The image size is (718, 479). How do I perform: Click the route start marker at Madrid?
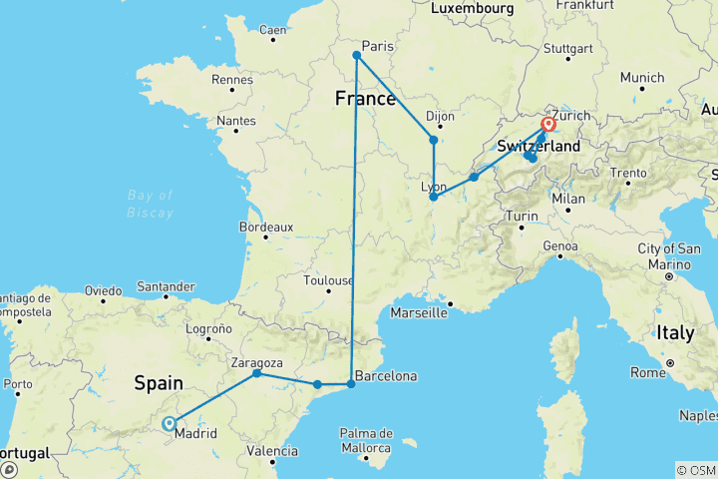point(169,423)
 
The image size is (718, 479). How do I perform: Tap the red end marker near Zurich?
point(547,126)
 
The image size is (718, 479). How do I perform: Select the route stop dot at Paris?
point(356,55)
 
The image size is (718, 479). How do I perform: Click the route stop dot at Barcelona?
point(350,384)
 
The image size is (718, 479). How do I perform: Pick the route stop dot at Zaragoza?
point(257,373)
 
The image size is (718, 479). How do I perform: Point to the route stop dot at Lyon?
point(433,198)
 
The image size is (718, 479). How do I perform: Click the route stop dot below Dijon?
point(433,140)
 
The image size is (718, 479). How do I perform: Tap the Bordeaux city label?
point(265,228)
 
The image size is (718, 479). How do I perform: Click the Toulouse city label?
point(329,281)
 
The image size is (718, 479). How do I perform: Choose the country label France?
point(365,99)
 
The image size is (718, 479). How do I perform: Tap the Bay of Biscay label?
point(151,204)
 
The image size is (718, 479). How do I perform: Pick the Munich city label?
point(641,78)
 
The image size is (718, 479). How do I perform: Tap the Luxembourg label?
point(473,8)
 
